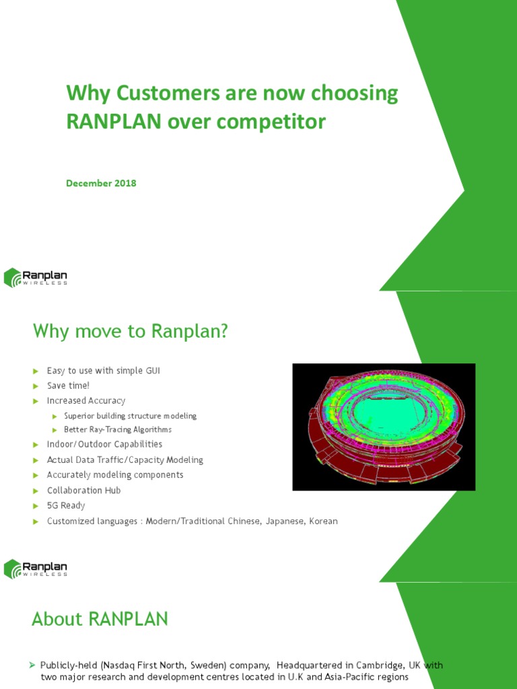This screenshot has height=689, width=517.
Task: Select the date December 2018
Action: click(x=101, y=183)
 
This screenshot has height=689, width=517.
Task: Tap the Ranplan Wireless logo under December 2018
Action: click(x=36, y=277)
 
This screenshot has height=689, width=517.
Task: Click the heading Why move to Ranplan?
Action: click(x=131, y=331)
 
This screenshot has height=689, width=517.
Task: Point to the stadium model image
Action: click(x=384, y=427)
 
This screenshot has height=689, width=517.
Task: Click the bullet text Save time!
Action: click(x=68, y=386)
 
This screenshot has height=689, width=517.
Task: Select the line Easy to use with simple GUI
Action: click(x=103, y=371)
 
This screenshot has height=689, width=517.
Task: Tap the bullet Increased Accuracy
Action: click(x=86, y=401)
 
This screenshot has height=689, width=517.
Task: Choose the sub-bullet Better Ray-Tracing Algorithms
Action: click(x=118, y=429)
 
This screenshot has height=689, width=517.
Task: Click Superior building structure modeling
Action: click(x=130, y=416)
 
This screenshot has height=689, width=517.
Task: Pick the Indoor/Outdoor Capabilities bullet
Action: click(x=104, y=444)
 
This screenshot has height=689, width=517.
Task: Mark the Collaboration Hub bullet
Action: click(x=83, y=491)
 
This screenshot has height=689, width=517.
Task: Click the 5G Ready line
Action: click(x=66, y=505)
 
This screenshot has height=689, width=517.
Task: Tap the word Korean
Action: click(x=323, y=521)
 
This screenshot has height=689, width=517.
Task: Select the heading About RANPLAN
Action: click(x=100, y=619)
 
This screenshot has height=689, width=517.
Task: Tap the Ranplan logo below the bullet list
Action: click(x=36, y=568)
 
